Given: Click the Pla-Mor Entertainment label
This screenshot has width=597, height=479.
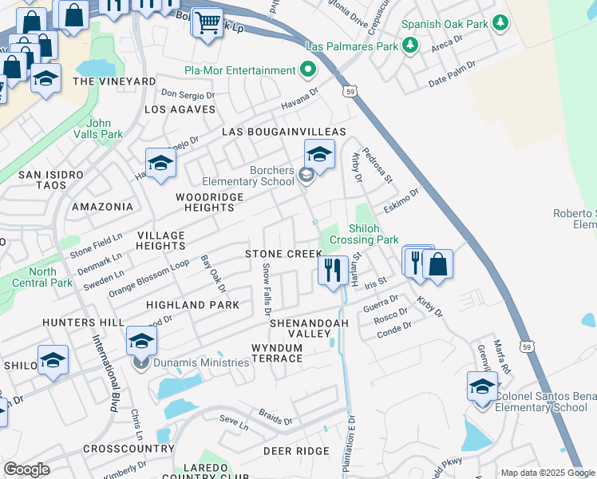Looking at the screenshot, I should pos(239,70).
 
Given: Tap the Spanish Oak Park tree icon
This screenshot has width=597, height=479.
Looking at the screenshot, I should pos(501,24).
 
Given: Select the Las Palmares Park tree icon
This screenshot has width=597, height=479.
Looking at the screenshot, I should pos(410,46).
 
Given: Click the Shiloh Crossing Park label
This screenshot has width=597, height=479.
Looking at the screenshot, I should pos(374,233).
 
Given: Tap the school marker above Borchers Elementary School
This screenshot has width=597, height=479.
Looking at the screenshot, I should pos(319,153).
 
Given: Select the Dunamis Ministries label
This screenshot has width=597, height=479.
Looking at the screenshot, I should pos(203,362).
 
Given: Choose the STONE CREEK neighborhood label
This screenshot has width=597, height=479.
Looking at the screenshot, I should pos(283,253).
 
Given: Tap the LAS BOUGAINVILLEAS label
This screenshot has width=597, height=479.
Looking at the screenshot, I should pos(283,131).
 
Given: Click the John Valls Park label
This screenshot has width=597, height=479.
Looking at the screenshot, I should pos(105,129).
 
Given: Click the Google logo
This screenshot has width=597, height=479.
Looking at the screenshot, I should pos(26,469).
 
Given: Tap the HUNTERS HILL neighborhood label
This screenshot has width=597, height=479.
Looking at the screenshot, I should pos(85,322).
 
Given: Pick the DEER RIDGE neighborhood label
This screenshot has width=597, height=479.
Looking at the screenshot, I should pos(296,451).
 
